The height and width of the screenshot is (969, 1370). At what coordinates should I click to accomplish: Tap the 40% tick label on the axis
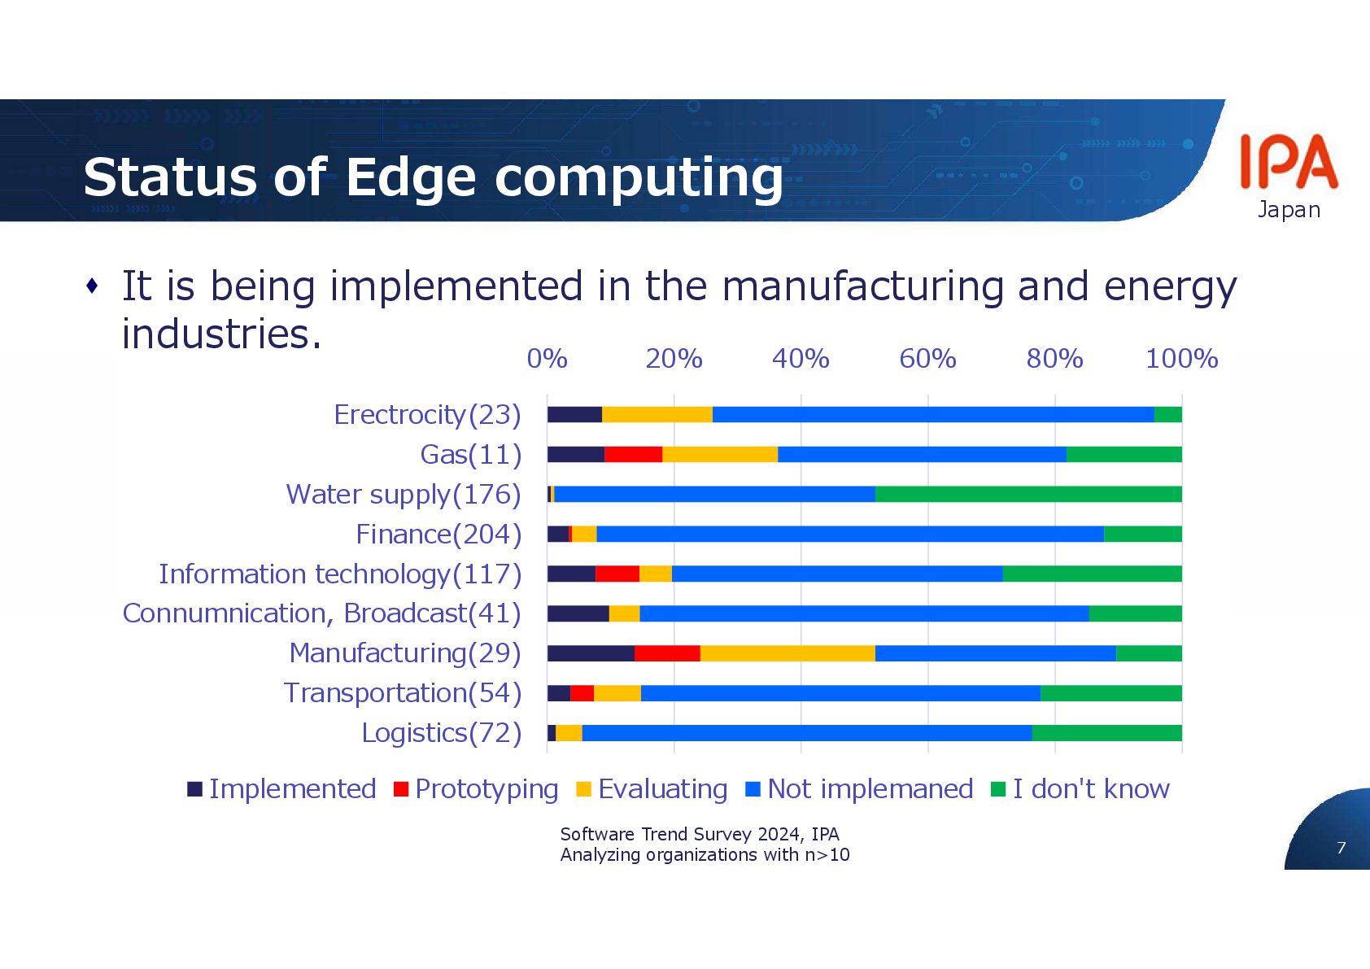801,359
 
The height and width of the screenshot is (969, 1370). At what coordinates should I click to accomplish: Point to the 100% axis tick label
1181,359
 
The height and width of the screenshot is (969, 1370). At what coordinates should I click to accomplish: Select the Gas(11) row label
470,455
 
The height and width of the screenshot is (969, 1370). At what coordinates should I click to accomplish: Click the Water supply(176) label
404,495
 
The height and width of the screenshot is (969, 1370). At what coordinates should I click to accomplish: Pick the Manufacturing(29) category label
405,653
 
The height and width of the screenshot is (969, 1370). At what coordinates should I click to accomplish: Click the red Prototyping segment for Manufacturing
667,653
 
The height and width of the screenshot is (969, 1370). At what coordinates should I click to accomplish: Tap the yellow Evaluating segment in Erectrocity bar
657,415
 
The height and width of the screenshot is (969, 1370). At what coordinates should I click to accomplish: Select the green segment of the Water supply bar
1028,495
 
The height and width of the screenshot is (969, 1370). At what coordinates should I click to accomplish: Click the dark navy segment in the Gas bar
576,455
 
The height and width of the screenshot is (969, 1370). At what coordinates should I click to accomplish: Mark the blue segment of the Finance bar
850,535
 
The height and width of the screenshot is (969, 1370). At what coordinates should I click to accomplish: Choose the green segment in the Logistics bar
1106,733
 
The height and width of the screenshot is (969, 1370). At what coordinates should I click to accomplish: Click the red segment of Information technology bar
617,574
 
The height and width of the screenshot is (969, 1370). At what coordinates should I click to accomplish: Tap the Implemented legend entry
281,789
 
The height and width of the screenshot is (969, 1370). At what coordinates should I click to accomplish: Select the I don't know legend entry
1080,789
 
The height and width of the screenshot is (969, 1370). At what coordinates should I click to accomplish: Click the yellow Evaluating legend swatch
583,789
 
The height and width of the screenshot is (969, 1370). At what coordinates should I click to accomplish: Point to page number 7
1341,848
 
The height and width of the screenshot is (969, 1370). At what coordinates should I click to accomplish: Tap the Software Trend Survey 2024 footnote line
700,835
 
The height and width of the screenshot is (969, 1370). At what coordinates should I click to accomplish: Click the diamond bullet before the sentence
92,286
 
